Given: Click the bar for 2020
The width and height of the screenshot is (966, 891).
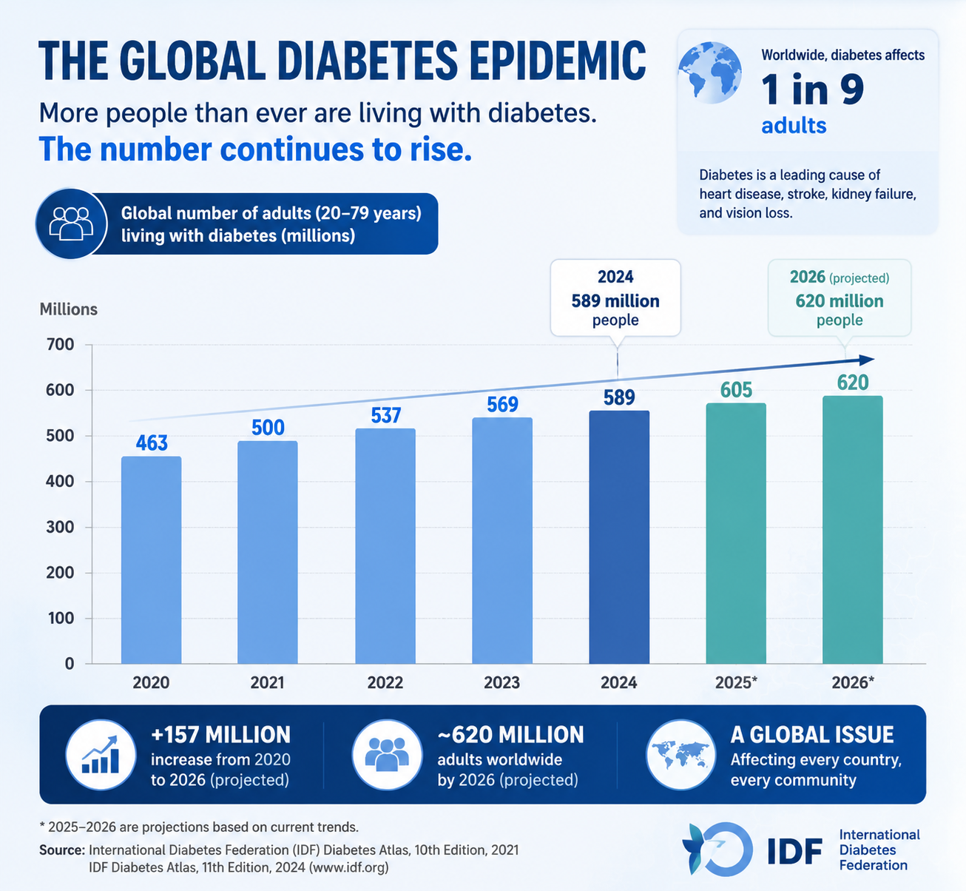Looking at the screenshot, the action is (x=152, y=560).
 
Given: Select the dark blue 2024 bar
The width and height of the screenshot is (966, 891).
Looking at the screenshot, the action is (x=619, y=537).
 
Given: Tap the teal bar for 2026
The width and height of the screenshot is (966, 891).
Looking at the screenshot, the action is (x=853, y=530).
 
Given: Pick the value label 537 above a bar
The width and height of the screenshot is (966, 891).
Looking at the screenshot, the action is (x=386, y=415).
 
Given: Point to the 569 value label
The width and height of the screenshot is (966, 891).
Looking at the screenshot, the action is (x=502, y=405).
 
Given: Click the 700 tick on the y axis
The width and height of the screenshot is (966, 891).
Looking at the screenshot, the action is (x=61, y=345).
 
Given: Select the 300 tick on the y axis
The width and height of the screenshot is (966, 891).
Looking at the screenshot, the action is (x=61, y=528).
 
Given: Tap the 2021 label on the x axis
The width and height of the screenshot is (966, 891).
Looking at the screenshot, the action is (x=268, y=682).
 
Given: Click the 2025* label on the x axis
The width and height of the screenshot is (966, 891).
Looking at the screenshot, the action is (x=737, y=682).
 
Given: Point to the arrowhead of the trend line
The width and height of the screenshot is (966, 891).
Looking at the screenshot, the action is (x=867, y=360).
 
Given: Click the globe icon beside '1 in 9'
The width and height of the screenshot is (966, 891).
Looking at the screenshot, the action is (x=709, y=73).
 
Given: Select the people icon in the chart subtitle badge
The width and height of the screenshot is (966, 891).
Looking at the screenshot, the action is (x=72, y=224).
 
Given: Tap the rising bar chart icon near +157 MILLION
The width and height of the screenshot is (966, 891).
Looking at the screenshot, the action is (x=101, y=755).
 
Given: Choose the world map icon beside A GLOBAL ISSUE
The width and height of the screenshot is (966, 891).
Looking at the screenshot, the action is (x=681, y=755).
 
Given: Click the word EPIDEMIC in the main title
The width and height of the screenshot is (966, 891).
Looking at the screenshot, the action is (x=558, y=61).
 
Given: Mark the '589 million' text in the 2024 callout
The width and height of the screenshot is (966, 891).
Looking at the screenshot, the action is (x=615, y=301).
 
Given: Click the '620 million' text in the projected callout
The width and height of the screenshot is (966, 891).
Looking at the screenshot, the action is (x=840, y=301).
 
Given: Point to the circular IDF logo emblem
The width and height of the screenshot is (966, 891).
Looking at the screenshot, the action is (x=717, y=850).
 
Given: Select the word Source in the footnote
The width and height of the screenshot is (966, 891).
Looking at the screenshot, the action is (x=62, y=850).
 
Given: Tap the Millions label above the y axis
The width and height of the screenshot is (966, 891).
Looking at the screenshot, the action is (x=69, y=309).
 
